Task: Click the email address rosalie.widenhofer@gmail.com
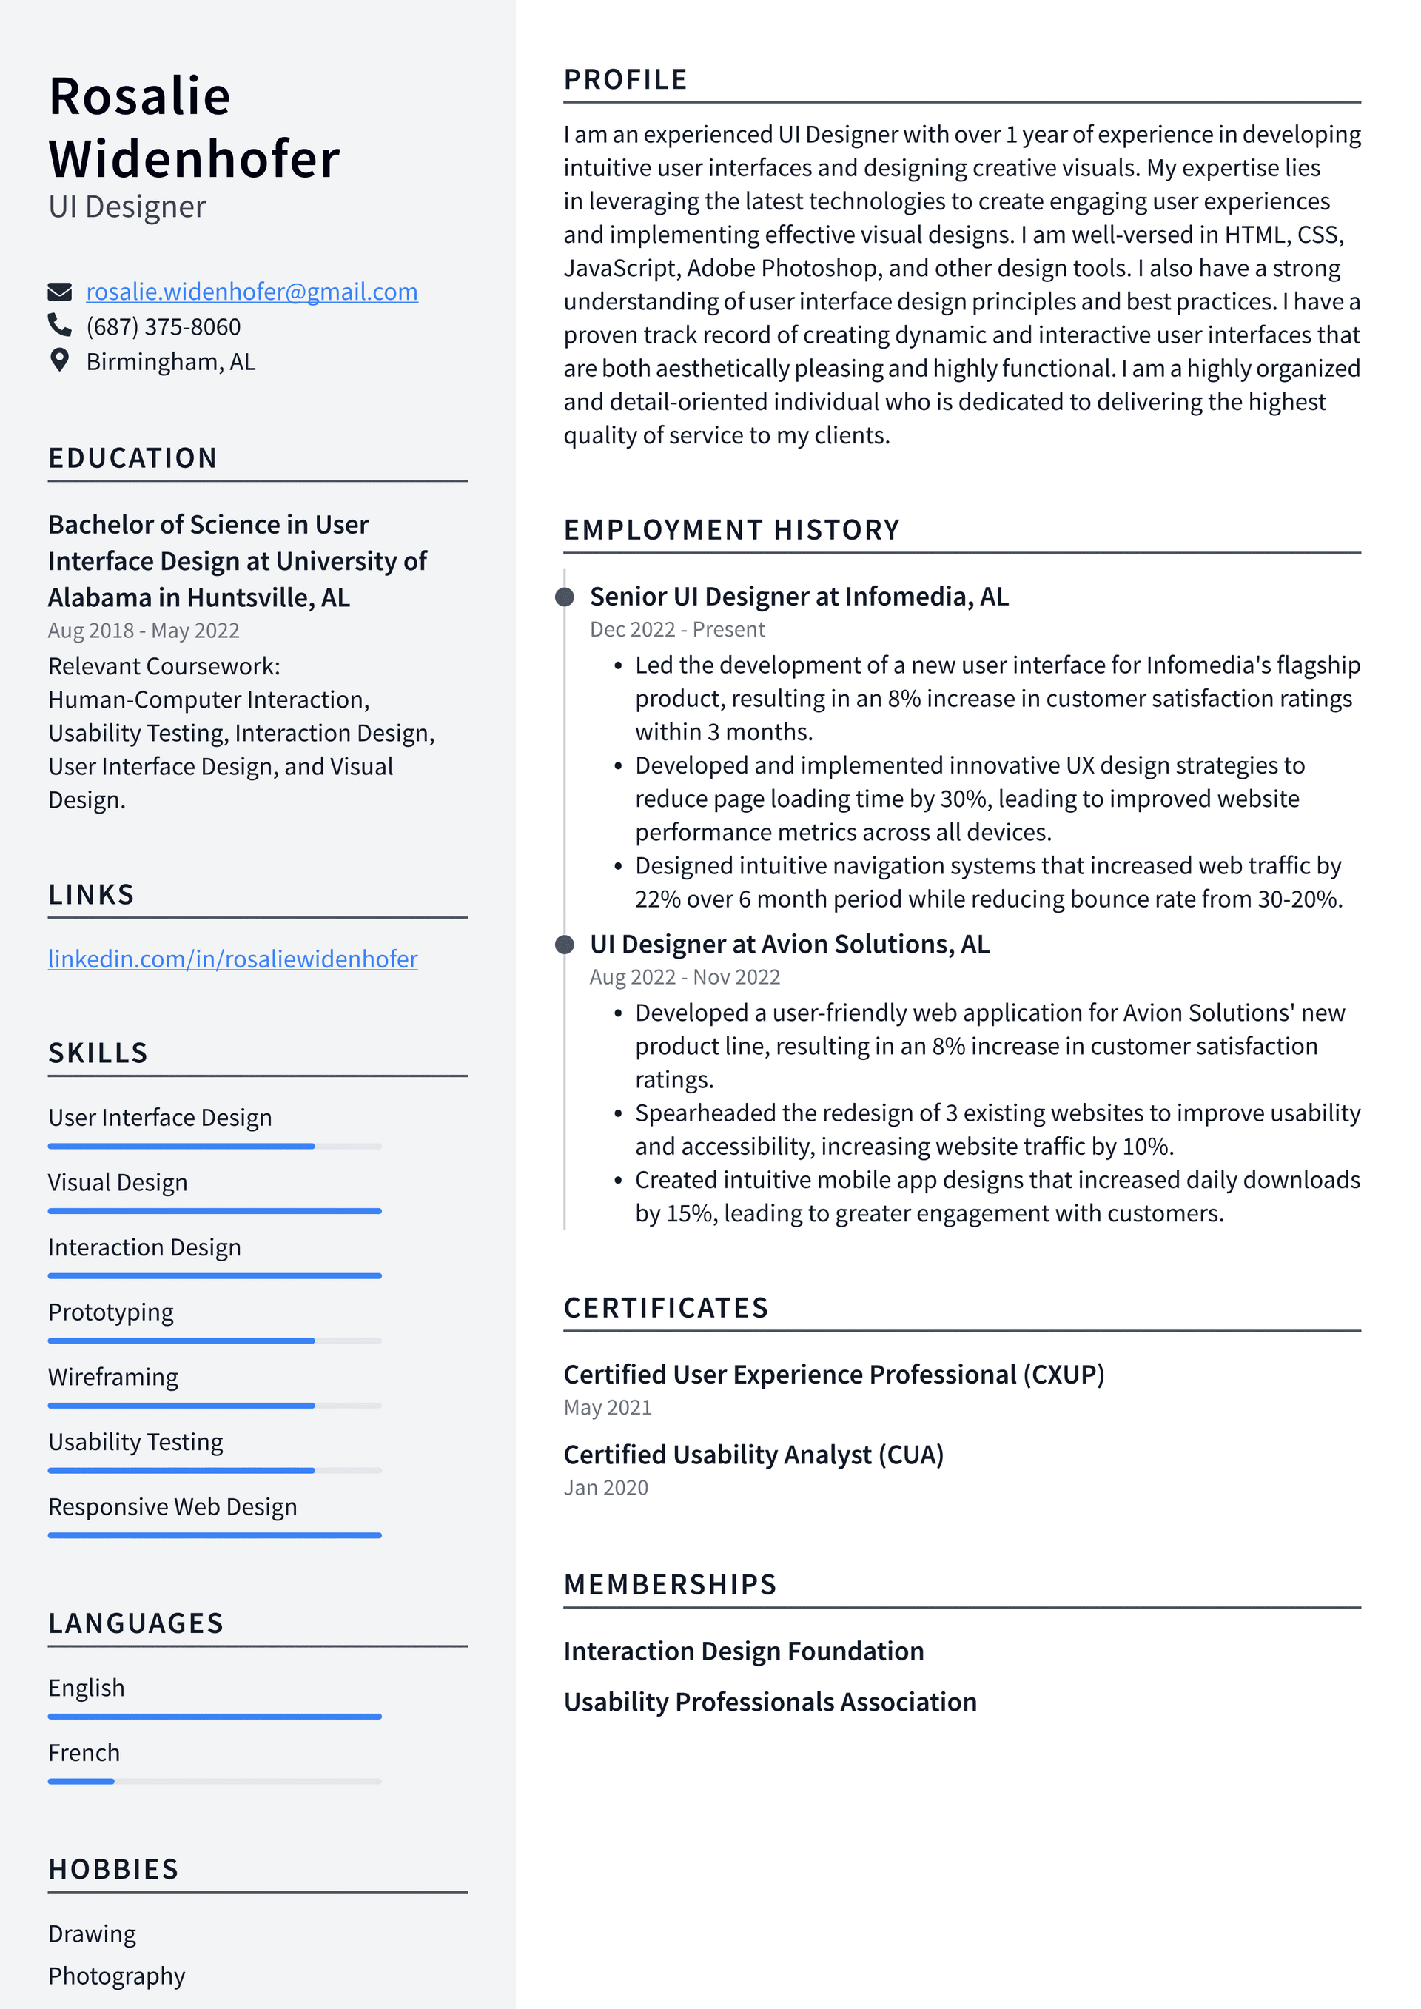click(x=251, y=292)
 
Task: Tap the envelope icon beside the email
click(x=59, y=292)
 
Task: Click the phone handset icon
click(x=59, y=326)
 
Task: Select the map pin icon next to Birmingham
click(x=59, y=360)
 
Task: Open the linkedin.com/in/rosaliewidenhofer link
click(x=232, y=959)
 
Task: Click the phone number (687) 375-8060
click(x=163, y=326)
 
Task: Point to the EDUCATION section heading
click(x=133, y=457)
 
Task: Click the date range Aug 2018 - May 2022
click(x=144, y=630)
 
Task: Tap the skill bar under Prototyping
click(x=215, y=1341)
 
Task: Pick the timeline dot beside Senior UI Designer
click(x=565, y=597)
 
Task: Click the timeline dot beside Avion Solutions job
click(x=565, y=945)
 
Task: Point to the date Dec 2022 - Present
click(x=676, y=629)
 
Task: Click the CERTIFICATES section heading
click(x=666, y=1307)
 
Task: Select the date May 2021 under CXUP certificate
click(x=607, y=1407)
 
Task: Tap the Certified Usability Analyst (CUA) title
click(x=753, y=1455)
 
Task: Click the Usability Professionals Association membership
click(x=770, y=1702)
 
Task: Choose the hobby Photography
click(x=116, y=1976)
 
